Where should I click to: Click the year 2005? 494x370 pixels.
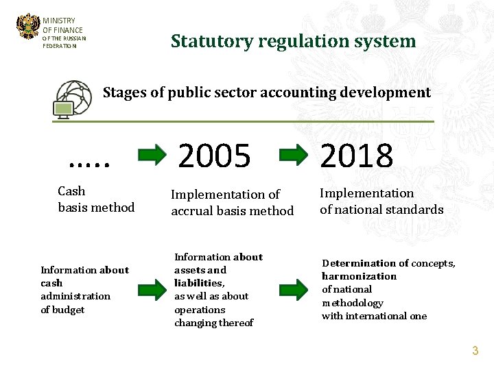click(x=215, y=156)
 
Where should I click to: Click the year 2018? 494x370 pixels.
click(x=357, y=156)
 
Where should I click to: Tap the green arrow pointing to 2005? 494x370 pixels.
click(x=152, y=154)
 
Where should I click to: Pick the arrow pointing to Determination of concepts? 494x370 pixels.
click(x=294, y=288)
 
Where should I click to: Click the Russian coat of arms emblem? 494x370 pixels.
click(x=28, y=27)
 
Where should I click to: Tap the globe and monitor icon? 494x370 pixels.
click(x=72, y=99)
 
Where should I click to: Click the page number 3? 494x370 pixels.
click(x=475, y=351)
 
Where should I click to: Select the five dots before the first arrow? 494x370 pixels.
click(x=90, y=162)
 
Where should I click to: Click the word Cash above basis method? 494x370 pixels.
click(x=71, y=191)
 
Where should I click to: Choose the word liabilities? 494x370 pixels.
click(x=199, y=283)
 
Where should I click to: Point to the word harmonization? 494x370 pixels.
click(x=359, y=276)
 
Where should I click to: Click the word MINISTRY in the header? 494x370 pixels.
click(x=59, y=21)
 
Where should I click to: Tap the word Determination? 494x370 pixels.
click(x=356, y=263)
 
